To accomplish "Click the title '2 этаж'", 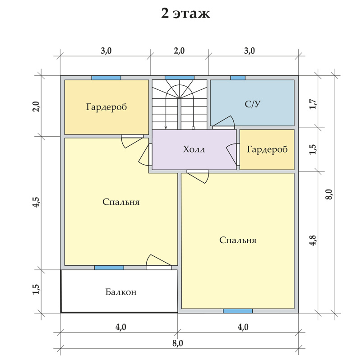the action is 185,14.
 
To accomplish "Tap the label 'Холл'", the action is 194,149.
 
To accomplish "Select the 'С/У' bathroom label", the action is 253,104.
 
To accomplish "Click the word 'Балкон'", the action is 121,292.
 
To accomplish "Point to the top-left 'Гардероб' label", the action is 106,107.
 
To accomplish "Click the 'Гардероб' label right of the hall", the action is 267,149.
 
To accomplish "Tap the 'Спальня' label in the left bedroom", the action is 121,202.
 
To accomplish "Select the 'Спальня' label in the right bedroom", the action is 238,240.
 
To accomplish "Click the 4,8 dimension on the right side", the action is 313,240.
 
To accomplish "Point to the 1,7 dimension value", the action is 313,104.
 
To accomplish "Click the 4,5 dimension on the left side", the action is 37,202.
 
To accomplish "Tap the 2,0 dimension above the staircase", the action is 179,51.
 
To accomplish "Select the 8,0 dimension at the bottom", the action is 178,343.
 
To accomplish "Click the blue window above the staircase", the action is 180,78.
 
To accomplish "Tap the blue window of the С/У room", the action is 238,78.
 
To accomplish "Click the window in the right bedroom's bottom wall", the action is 238,311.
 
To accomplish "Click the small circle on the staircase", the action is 194,128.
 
